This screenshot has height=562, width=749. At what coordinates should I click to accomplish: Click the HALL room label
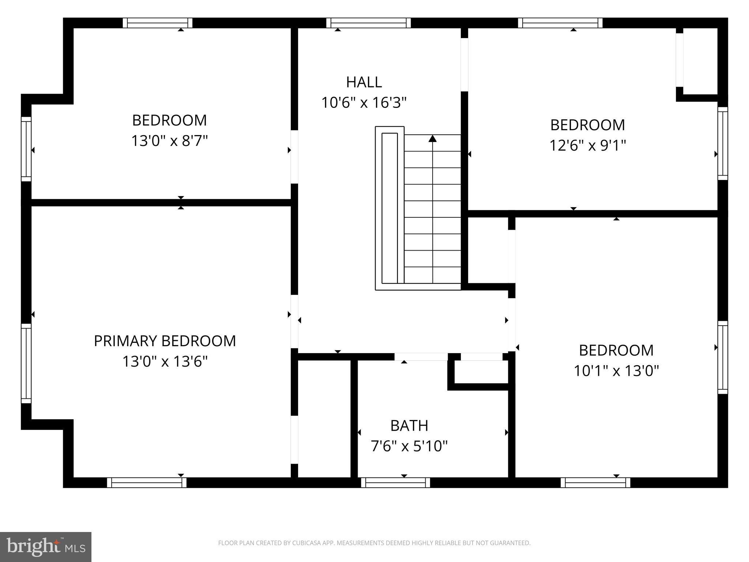(364, 82)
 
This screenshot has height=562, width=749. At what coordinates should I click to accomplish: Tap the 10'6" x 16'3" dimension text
(364, 102)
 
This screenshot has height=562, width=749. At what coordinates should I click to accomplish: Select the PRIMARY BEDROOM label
(165, 341)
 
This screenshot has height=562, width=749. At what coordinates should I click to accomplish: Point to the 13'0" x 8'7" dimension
(169, 140)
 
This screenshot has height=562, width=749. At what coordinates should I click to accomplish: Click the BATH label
(409, 426)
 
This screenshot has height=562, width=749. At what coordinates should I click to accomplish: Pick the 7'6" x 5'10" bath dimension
(409, 446)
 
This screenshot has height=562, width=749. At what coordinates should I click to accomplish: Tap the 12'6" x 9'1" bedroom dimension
(588, 146)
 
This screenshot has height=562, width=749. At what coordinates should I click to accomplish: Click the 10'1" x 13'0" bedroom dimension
(616, 371)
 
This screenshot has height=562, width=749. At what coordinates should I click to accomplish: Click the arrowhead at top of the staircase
(433, 139)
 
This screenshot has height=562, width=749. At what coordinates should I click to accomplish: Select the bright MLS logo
(46, 547)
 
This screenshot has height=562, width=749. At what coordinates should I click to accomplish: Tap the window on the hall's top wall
(368, 23)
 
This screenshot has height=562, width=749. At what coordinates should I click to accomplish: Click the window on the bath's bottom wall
(395, 483)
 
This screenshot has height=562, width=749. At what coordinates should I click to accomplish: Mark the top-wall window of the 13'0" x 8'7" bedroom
(157, 23)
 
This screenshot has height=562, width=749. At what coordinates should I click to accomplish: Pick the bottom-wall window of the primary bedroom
(147, 483)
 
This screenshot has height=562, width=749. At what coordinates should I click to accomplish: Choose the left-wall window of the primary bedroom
(26, 363)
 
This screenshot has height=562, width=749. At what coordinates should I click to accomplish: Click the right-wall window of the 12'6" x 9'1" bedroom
(723, 143)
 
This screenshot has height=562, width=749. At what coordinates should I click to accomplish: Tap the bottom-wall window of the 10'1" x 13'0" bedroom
(595, 483)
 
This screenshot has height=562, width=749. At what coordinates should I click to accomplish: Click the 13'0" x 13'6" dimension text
(165, 361)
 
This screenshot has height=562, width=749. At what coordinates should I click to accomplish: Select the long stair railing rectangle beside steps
(389, 208)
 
